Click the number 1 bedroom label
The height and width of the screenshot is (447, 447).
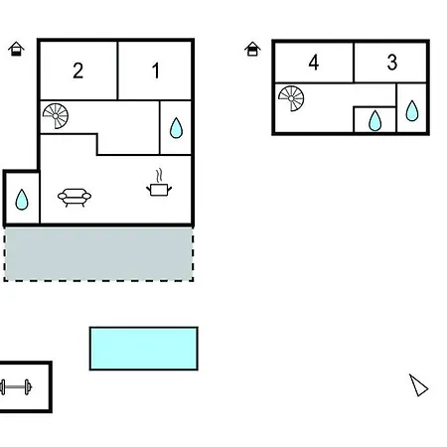(x=156, y=71)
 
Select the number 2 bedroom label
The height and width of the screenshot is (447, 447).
(x=78, y=71)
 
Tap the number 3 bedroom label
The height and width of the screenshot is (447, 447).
(x=392, y=62)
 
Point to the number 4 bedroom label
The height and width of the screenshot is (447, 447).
(x=314, y=62)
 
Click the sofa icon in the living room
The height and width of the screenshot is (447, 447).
(x=74, y=198)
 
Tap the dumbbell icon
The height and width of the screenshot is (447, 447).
(x=16, y=387)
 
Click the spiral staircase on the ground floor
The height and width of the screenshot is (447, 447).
(x=56, y=116)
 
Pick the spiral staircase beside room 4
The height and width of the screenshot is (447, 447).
(x=291, y=98)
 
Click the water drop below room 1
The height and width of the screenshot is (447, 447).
(x=176, y=128)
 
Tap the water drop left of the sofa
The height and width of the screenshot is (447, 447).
(x=22, y=200)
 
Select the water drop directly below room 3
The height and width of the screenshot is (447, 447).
(x=412, y=110)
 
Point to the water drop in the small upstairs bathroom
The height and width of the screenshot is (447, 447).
(x=374, y=121)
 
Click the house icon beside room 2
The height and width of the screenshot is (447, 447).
(x=16, y=49)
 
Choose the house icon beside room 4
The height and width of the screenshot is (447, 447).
(x=252, y=49)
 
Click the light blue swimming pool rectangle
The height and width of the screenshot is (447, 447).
(x=144, y=349)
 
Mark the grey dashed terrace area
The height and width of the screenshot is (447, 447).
(x=98, y=254)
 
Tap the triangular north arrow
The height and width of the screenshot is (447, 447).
(x=418, y=385)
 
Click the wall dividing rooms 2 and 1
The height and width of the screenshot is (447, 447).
(x=117, y=71)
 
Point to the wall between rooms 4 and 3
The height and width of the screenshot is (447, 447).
(x=354, y=63)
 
